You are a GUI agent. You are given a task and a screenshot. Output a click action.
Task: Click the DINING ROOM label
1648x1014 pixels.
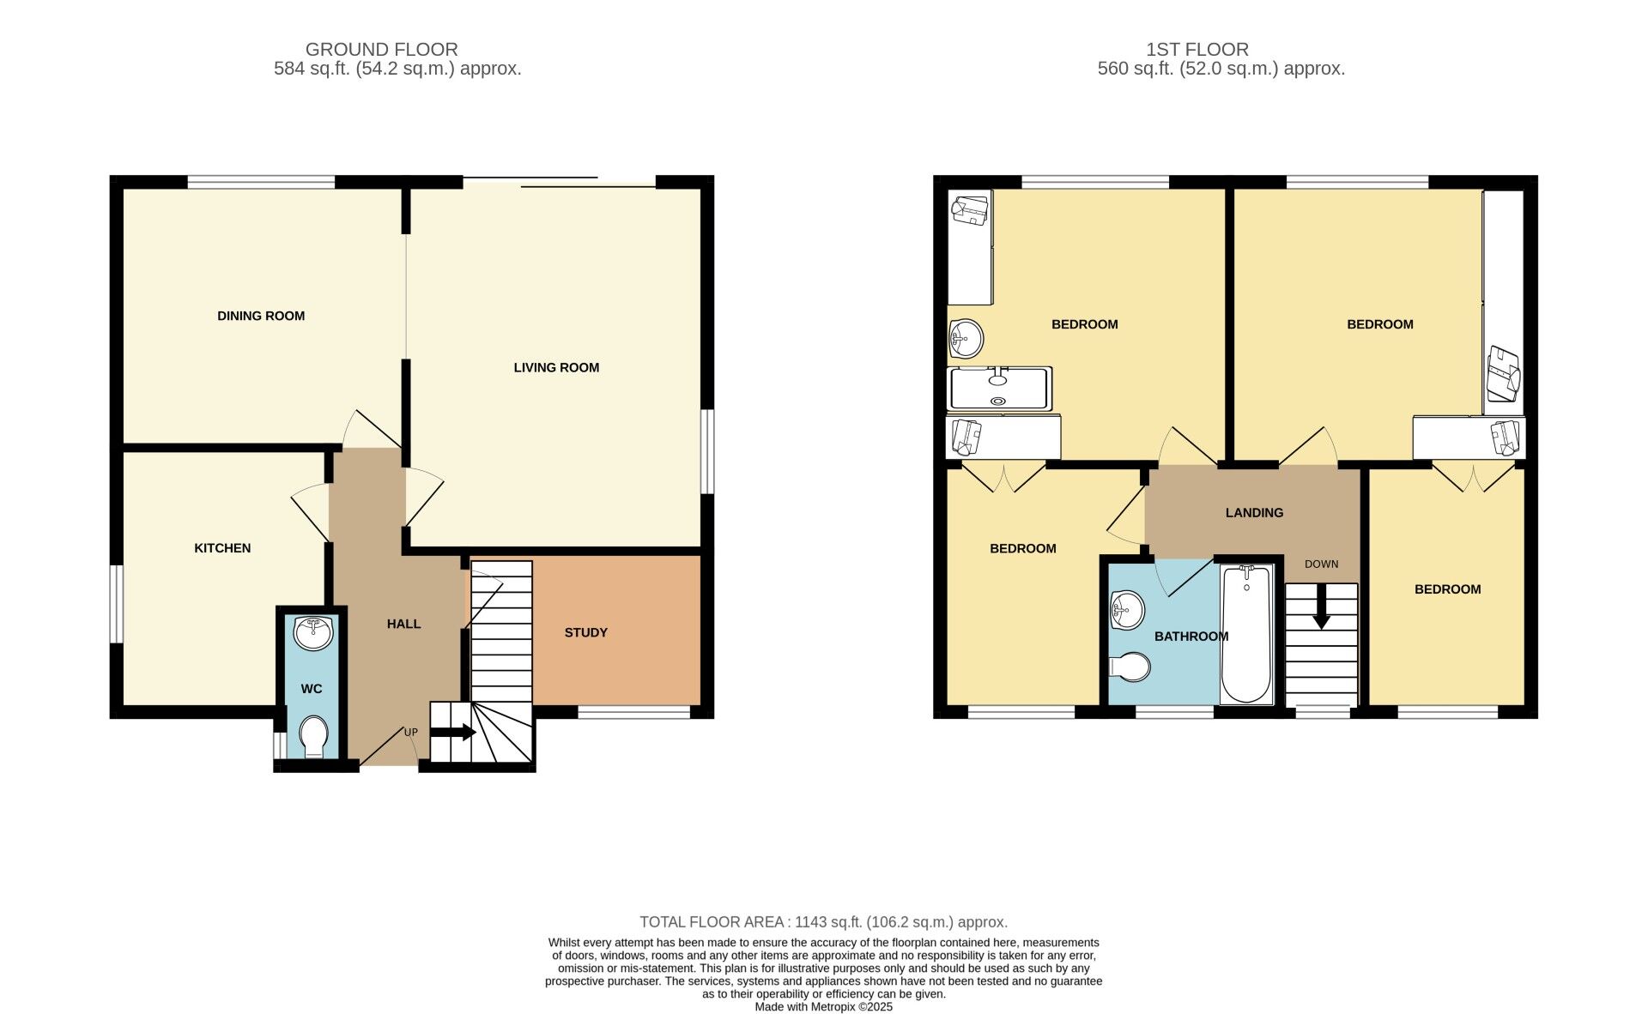[261, 316]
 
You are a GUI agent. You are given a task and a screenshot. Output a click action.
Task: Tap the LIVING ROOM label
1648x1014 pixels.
[556, 367]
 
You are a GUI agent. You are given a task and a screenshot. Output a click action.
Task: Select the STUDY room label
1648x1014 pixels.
[585, 632]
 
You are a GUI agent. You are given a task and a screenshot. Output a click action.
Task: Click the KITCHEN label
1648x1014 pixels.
[222, 548]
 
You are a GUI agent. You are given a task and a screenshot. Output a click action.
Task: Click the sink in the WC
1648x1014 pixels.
[312, 633]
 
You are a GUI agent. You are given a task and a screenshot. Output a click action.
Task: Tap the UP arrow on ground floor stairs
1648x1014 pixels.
[452, 733]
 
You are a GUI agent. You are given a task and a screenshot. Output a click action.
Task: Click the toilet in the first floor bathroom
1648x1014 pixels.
[1130, 667]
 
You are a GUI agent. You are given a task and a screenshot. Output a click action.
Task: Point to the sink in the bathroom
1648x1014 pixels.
[1126, 610]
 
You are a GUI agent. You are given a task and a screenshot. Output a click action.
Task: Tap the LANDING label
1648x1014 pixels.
[1254, 513]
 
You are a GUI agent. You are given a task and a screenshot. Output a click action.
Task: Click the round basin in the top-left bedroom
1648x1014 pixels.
[966, 338]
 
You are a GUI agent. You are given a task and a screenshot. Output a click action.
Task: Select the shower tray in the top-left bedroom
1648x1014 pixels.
[998, 389]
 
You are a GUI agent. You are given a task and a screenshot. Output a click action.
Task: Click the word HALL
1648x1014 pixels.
[403, 624]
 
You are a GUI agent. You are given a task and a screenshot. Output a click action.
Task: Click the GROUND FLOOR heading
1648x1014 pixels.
[381, 50]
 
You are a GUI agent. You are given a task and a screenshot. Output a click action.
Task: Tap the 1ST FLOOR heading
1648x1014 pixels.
[1197, 50]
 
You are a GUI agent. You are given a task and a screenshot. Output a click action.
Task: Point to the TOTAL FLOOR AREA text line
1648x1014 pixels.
[823, 922]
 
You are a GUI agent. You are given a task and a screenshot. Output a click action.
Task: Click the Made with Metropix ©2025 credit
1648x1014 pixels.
[823, 1007]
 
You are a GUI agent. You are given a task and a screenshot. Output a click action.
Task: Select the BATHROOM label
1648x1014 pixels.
[1191, 637]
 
